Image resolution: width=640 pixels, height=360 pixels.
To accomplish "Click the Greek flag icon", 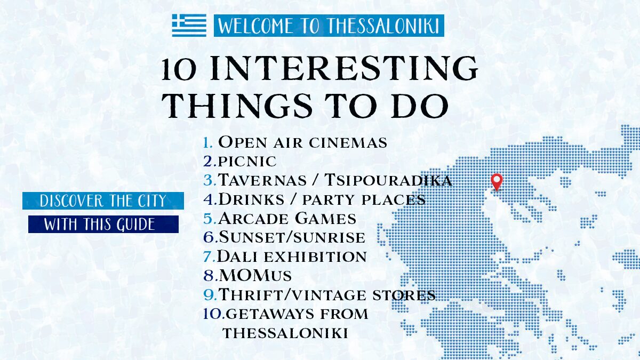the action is click(189, 25).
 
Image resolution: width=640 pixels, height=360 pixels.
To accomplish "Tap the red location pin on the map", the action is click(497, 182).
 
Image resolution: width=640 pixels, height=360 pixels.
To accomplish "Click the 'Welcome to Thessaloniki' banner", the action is click(329, 26).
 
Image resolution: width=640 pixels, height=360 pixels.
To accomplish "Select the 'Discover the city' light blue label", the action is click(103, 201).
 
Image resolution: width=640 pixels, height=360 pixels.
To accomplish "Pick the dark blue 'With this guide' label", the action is click(103, 224).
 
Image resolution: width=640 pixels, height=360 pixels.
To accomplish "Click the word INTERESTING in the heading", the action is click(343, 68).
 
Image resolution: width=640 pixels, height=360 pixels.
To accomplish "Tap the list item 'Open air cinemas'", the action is click(302, 142).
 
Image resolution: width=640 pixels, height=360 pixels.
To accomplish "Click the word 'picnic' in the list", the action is click(247, 162).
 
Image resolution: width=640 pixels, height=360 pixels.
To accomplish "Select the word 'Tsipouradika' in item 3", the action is click(389, 180).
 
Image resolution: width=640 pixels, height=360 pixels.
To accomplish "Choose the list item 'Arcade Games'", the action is click(287, 218).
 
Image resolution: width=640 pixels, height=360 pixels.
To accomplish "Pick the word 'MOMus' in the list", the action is click(255, 275).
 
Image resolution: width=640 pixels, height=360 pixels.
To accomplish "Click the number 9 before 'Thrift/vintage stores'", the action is click(209, 294).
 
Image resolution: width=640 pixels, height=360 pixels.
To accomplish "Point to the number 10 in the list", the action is click(213, 314).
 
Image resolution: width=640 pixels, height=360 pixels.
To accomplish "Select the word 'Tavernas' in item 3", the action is click(262, 180).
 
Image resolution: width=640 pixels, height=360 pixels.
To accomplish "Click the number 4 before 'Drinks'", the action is click(209, 199).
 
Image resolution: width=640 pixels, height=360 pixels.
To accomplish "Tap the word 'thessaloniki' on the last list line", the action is click(285, 333).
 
